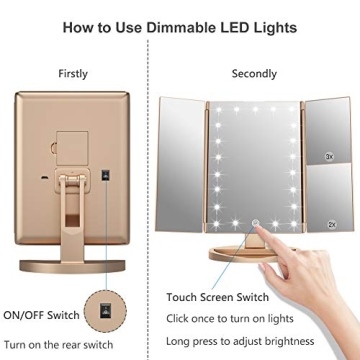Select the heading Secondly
click(x=255, y=73)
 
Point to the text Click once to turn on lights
click(x=258, y=318)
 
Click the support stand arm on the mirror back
click(x=71, y=215)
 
